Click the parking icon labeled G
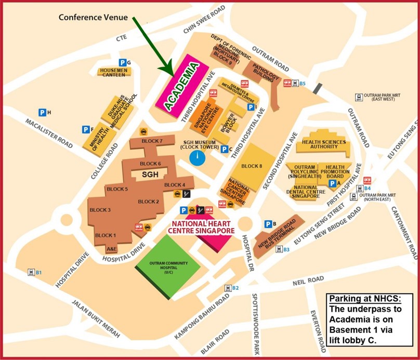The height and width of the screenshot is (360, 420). point(123,62)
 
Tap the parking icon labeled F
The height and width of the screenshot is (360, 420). point(85,129)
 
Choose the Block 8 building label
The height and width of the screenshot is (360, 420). point(253,166)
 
